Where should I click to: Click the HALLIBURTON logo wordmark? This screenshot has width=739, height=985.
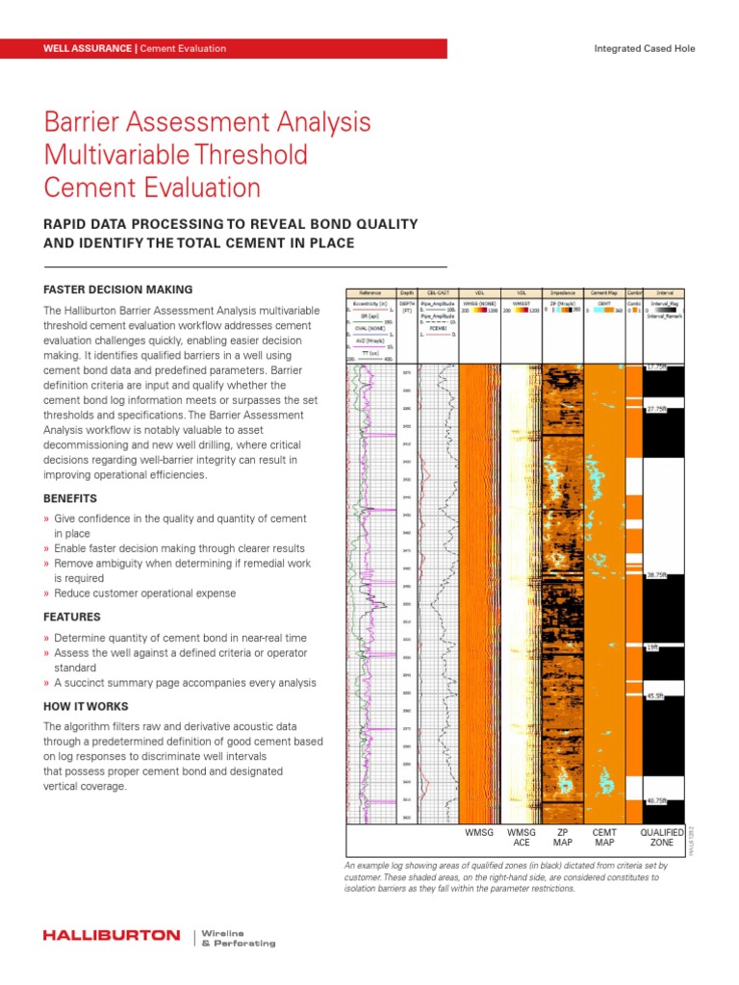(x=111, y=936)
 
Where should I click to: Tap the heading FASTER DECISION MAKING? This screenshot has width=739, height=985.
(x=117, y=290)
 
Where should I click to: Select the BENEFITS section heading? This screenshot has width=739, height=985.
(x=71, y=499)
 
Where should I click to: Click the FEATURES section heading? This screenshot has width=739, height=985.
(x=71, y=617)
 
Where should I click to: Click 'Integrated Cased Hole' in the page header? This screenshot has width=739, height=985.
(x=644, y=48)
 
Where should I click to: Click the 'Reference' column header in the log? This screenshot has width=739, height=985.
(x=369, y=292)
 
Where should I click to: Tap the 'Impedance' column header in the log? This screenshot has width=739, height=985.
(x=563, y=292)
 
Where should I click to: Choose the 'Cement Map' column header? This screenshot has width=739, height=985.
(x=604, y=292)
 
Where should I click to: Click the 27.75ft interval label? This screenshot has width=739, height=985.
(x=657, y=410)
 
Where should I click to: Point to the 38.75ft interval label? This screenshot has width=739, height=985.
(x=657, y=575)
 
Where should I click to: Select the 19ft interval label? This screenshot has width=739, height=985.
(x=652, y=648)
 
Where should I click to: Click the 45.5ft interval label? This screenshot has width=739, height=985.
(x=655, y=696)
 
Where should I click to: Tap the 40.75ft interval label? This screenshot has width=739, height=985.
(x=657, y=799)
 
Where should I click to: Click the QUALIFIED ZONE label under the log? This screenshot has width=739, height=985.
(x=662, y=837)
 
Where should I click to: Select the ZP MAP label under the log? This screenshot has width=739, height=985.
(x=563, y=837)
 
